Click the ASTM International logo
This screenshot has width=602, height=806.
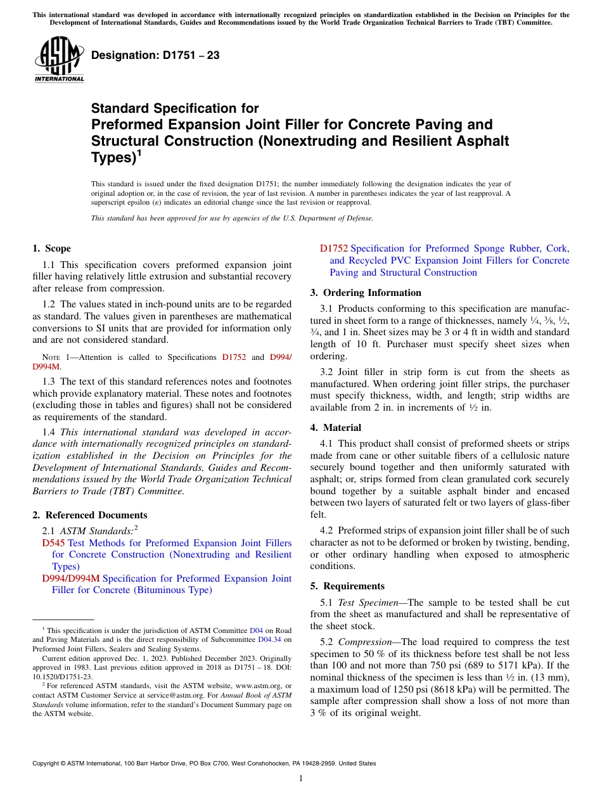59,60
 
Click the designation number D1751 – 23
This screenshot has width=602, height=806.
155,55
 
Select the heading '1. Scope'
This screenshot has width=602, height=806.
51,248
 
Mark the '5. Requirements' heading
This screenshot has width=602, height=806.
347,586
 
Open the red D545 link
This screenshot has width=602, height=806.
53,543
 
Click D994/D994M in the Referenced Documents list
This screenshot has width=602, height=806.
70,579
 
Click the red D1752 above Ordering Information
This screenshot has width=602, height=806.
333,248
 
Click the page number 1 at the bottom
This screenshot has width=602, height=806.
301,779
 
